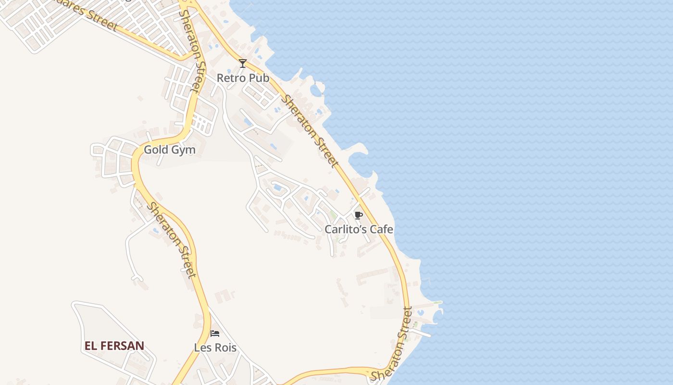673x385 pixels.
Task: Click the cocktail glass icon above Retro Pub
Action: pos(243,64)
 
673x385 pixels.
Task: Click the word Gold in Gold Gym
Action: pos(156,150)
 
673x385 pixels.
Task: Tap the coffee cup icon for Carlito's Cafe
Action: pos(358,215)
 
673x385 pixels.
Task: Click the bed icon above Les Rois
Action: pos(215,333)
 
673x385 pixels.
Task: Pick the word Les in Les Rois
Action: pos(202,347)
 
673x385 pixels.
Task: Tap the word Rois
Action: pos(224,347)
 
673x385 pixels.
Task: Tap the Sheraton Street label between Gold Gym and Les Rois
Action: pos(172,240)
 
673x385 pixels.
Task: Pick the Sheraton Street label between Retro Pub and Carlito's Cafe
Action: pos(310,131)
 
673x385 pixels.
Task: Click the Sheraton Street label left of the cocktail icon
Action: pos(192,51)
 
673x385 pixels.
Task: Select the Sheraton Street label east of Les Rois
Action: pos(392,344)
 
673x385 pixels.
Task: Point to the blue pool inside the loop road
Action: pos(277,187)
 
